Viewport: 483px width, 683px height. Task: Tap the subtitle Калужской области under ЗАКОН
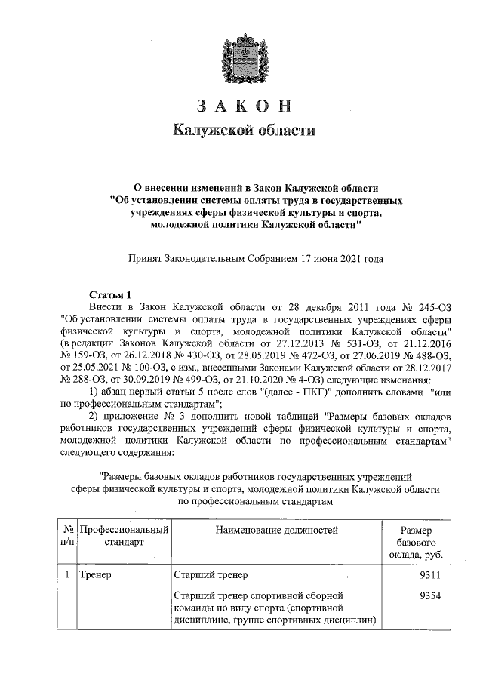pos(241,131)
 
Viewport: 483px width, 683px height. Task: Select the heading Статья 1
pos(110,295)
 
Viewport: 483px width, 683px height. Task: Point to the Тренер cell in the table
pos(95,574)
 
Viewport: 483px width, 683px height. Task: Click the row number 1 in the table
pos(67,574)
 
